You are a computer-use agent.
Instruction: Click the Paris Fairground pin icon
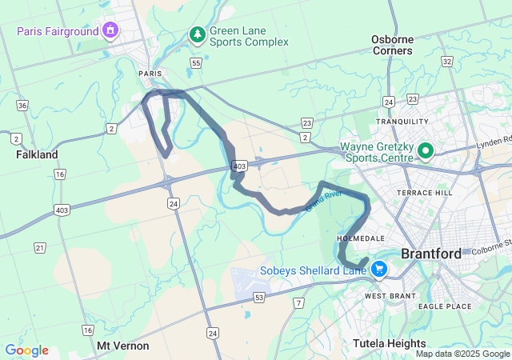110,31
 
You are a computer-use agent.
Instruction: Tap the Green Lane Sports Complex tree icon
197,34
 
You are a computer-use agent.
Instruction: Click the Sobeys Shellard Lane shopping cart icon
378,270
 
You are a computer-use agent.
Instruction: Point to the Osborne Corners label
392,45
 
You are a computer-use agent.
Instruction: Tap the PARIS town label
150,73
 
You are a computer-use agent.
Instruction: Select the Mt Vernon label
122,346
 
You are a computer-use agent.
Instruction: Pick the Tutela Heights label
389,344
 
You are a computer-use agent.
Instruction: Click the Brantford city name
430,254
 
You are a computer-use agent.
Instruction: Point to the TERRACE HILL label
424,194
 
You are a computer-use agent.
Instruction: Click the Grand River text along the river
323,199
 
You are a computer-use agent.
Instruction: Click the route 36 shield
22,106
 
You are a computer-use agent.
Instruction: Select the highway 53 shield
259,298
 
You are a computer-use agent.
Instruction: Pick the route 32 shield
446,61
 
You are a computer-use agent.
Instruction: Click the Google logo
26,350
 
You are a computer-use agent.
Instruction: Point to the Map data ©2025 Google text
462,354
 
